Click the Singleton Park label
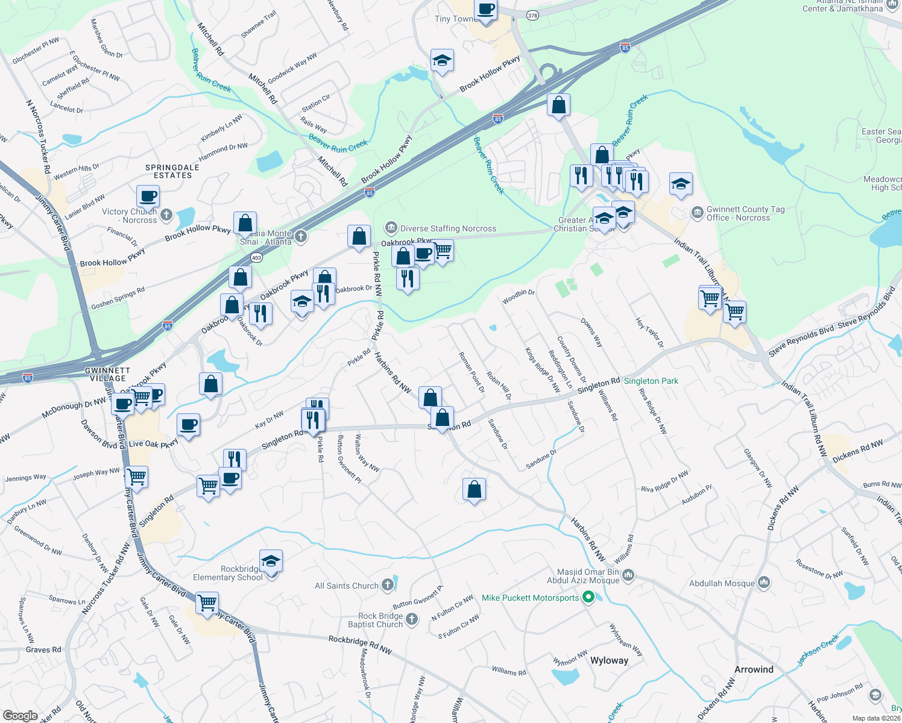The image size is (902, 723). tap(651, 381)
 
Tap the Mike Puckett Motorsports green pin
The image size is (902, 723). tap(589, 598)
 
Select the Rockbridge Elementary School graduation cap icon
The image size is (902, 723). tap(271, 562)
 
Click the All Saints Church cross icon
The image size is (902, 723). tap(387, 585)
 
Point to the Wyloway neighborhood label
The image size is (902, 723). tap(609, 660)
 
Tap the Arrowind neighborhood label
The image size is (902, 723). tap(754, 669)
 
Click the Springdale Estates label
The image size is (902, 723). tap(172, 171)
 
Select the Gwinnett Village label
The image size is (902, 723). tap(107, 374)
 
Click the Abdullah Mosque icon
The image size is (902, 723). tap(764, 583)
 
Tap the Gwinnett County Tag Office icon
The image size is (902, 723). tap(697, 213)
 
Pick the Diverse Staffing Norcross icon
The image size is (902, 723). tap(391, 228)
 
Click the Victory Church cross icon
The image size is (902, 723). tap(166, 215)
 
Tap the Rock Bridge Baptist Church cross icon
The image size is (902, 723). tap(411, 619)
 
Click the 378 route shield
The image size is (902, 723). tap(532, 16)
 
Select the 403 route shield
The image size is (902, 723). tap(256, 258)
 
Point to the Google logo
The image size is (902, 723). tap(20, 715)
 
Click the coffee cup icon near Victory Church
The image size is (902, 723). tap(148, 196)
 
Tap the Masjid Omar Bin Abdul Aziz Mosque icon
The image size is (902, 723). tap(628, 575)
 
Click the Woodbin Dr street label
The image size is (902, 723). tap(519, 296)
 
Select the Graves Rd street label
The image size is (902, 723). tap(43, 649)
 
